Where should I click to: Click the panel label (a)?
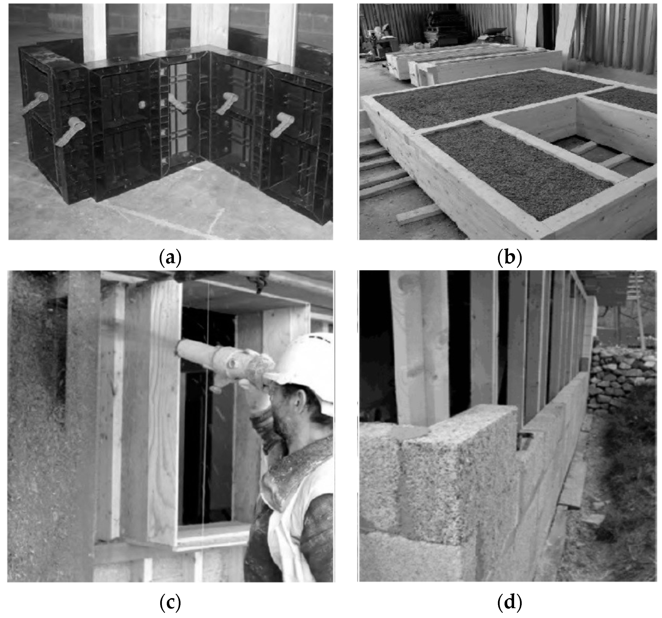point(170,258)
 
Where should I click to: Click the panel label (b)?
point(509,258)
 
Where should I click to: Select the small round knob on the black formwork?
point(142,105)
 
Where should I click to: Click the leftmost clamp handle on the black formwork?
point(35,102)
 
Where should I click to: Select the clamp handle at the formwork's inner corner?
point(178,103)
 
